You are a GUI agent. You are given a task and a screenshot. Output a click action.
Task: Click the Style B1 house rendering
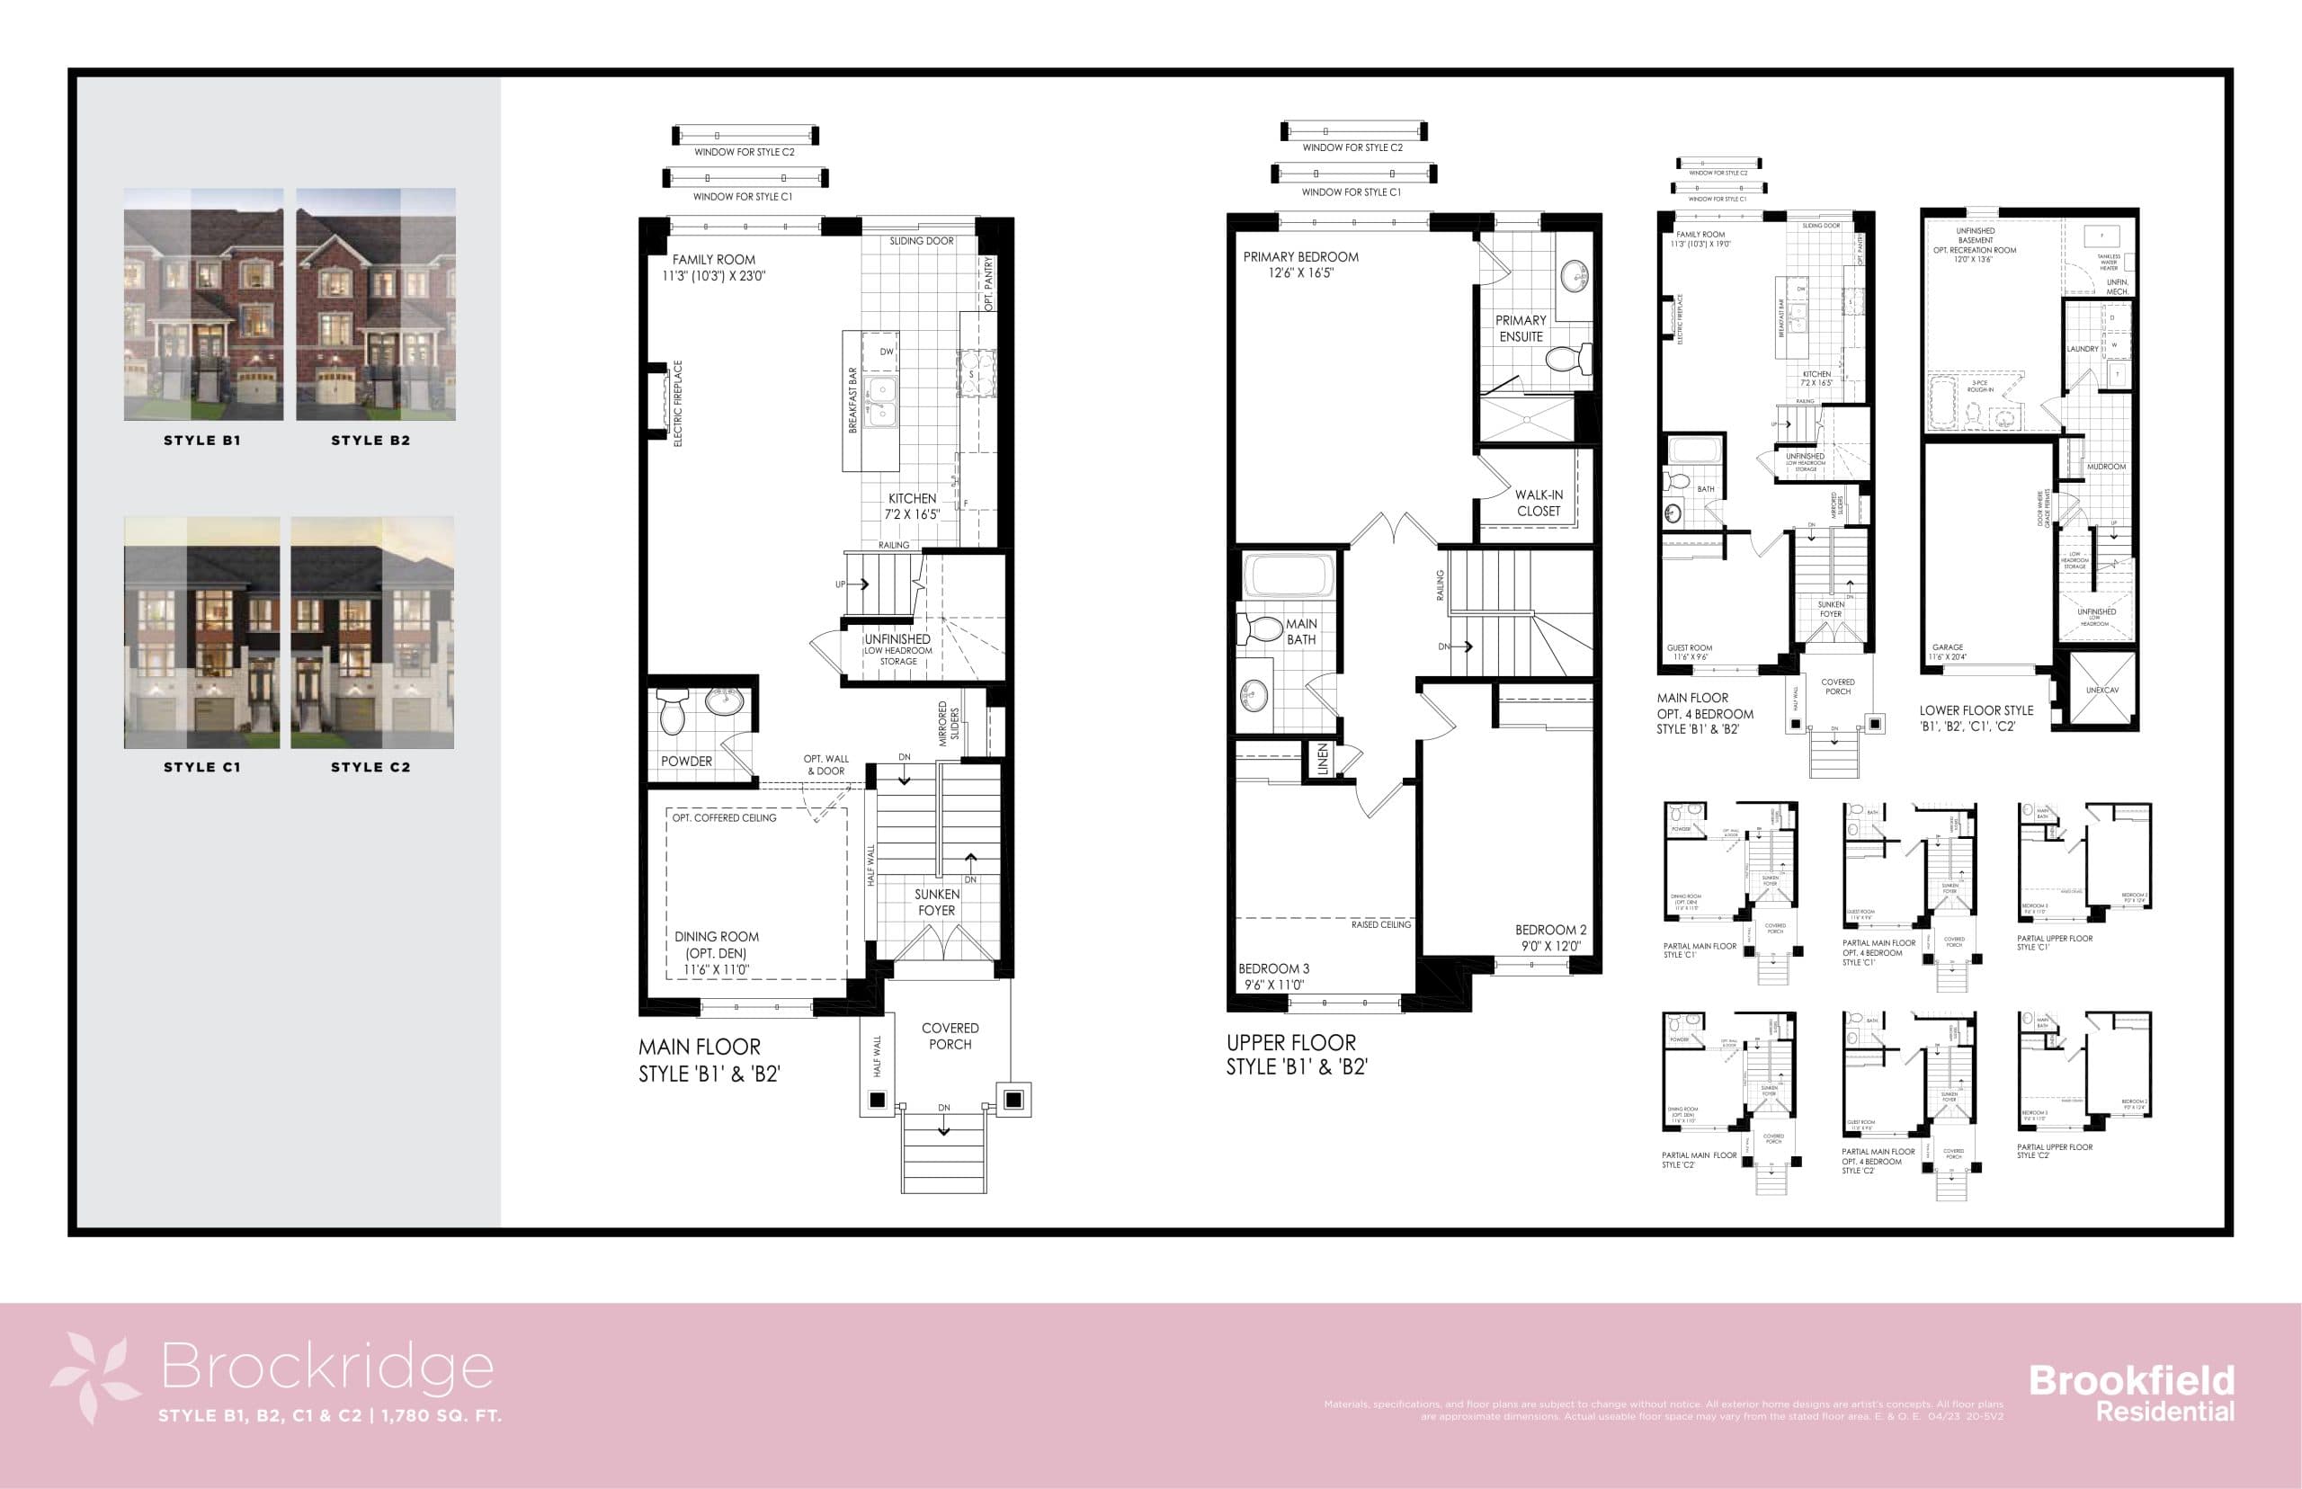click(x=203, y=304)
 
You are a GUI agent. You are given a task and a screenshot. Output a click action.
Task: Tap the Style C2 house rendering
click(x=372, y=632)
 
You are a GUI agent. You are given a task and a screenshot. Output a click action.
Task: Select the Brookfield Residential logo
click(x=2131, y=1392)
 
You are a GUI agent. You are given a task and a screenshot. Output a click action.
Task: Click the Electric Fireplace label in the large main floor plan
click(x=678, y=403)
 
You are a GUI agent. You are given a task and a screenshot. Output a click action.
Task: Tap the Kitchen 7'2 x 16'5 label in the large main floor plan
click(x=912, y=505)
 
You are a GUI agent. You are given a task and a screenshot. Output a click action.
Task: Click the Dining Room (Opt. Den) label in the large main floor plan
click(x=717, y=952)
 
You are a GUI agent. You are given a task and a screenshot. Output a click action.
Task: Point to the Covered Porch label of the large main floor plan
click(x=950, y=1036)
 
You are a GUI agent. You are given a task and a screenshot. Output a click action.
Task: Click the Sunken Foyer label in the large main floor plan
click(x=936, y=901)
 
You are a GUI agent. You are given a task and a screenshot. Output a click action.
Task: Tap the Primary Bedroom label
click(x=1300, y=264)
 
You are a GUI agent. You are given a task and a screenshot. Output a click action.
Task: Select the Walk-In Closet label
click(x=1538, y=502)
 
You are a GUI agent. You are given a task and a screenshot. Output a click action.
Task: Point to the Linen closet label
click(x=1323, y=759)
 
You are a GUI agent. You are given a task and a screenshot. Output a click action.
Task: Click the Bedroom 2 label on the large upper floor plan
click(x=1550, y=937)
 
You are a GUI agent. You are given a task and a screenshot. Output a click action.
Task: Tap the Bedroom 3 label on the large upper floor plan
click(x=1273, y=976)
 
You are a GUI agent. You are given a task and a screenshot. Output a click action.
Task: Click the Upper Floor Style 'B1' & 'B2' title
click(x=1296, y=1054)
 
